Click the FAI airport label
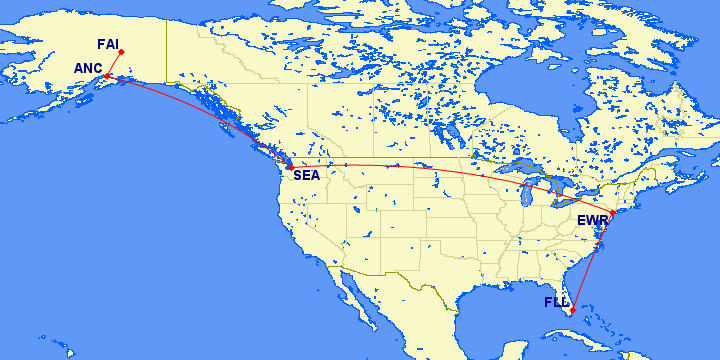coord(107,44)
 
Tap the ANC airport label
coord(88,68)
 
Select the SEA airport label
coord(306,176)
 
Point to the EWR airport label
coord(592,221)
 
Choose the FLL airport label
coord(556,302)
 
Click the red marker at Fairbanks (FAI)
coord(121,52)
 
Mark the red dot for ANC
coord(106,75)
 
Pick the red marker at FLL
coord(571,310)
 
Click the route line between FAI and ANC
coord(114,63)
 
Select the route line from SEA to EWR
coord(450,171)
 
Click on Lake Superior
coord(500,166)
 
